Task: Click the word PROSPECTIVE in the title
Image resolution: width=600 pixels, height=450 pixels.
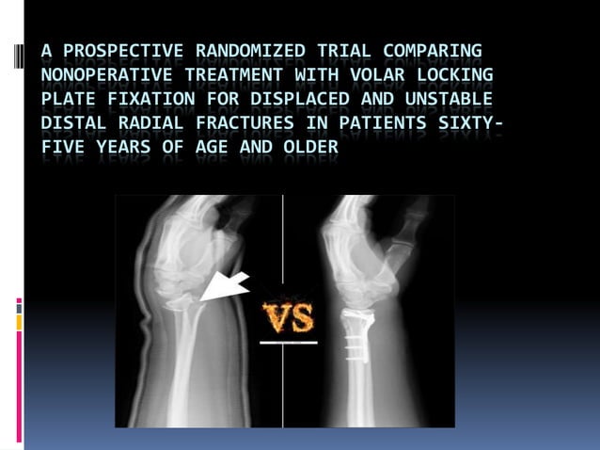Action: (113, 50)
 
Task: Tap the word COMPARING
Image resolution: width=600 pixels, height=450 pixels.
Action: (433, 50)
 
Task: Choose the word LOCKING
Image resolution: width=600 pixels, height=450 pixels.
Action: (445, 74)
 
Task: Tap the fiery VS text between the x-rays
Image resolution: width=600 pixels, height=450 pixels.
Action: (289, 317)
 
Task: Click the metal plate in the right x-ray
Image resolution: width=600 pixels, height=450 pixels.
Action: (355, 331)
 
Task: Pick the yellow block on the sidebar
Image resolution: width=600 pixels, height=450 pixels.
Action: (19, 322)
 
